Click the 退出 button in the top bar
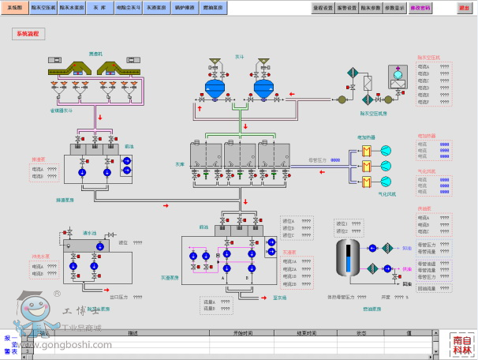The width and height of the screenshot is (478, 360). click(463, 7)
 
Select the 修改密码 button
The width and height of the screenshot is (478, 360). click(420, 7)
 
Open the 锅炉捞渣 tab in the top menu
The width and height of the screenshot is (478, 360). click(183, 7)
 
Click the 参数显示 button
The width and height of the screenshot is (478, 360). click(395, 7)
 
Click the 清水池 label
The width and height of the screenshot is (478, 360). click(88, 234)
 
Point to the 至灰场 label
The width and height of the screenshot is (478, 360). click(278, 298)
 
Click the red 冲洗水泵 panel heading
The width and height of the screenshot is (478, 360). click(40, 257)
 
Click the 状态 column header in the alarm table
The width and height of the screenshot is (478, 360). click(360, 333)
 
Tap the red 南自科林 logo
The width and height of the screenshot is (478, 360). click(463, 345)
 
